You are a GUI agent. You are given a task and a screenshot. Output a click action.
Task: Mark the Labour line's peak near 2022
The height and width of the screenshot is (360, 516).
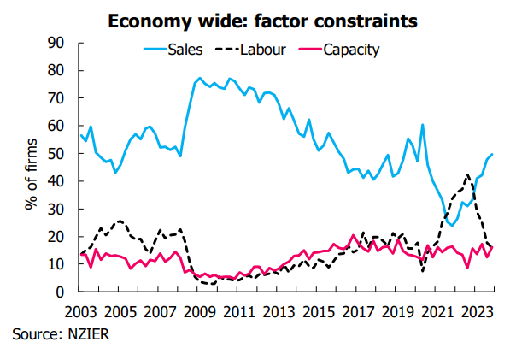466,174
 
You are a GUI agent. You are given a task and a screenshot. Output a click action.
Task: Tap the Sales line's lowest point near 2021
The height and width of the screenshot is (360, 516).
451,225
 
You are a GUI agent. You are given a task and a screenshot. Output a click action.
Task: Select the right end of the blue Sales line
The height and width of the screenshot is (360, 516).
492,155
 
